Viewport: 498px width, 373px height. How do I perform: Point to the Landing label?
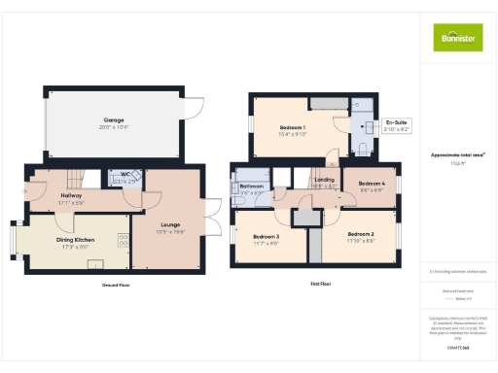click(x=325, y=180)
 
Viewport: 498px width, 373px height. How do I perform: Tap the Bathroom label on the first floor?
click(x=253, y=186)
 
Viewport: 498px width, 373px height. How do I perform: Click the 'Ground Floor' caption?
click(x=115, y=285)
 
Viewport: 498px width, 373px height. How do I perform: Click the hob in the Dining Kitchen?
click(x=124, y=238)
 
